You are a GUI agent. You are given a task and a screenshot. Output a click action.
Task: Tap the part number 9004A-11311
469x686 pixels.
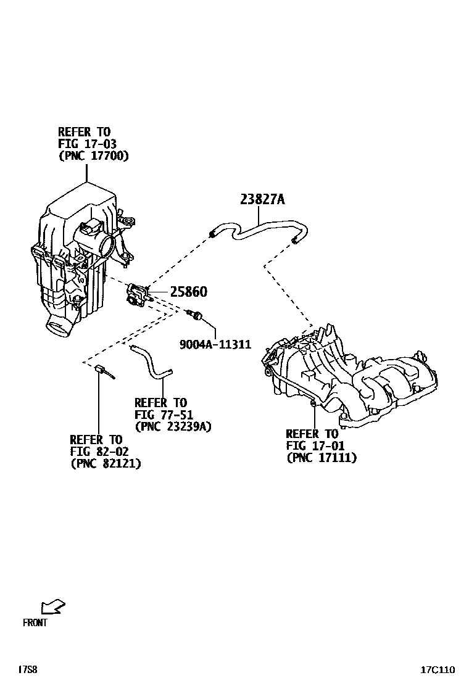click(215, 344)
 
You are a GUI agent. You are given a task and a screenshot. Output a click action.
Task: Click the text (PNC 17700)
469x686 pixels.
click(93, 156)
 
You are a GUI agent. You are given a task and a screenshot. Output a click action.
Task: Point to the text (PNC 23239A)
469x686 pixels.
click(173, 426)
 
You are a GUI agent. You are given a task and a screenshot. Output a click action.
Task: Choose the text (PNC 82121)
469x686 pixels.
click(106, 463)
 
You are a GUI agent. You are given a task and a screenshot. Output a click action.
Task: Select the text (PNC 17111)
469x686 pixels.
click(322, 458)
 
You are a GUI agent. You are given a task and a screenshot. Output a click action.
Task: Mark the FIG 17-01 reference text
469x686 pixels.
click(315, 445)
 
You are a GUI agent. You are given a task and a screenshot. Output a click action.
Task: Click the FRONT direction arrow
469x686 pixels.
click(52, 607)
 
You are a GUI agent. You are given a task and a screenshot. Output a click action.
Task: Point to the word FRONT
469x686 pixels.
click(35, 622)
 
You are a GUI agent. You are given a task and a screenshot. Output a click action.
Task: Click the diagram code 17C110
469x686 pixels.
click(438, 669)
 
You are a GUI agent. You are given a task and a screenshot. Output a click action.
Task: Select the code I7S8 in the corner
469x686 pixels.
click(27, 669)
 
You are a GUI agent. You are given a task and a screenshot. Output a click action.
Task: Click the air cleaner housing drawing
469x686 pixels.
click(77, 259)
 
